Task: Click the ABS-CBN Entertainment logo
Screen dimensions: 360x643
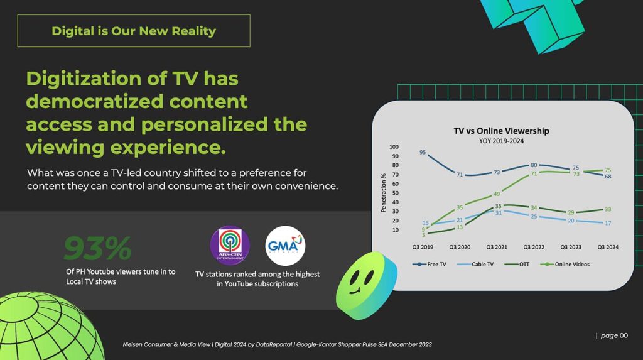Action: [x=229, y=246]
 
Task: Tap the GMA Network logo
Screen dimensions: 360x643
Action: [x=285, y=246]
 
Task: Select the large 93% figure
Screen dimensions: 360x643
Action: [x=97, y=248]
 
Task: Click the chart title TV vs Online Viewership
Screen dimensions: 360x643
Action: [x=501, y=131]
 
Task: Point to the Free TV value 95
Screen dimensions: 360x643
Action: [x=423, y=152]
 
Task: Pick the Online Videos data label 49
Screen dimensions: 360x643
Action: [x=496, y=194]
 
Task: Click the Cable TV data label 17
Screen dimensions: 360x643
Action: [x=608, y=223]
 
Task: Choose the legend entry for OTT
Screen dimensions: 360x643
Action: [x=524, y=264]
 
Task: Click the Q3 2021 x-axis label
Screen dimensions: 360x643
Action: [x=497, y=247]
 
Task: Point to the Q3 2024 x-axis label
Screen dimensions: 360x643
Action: [x=607, y=247]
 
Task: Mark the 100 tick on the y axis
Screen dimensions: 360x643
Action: [x=394, y=147]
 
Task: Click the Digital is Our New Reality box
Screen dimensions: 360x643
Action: [x=134, y=31]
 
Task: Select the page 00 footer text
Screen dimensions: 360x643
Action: [x=613, y=335]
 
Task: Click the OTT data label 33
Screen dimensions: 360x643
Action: [x=608, y=209]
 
